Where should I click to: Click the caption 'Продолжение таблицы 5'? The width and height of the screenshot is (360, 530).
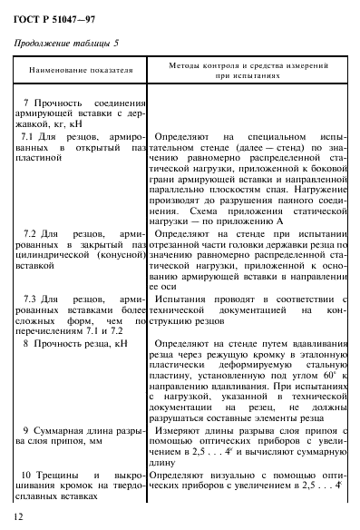66,43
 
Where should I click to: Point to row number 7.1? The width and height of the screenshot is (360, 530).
28,134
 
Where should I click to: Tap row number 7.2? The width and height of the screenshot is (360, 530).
28,233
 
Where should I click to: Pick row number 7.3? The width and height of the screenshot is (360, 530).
28,297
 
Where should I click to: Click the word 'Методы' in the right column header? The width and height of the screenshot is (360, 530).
185,65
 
